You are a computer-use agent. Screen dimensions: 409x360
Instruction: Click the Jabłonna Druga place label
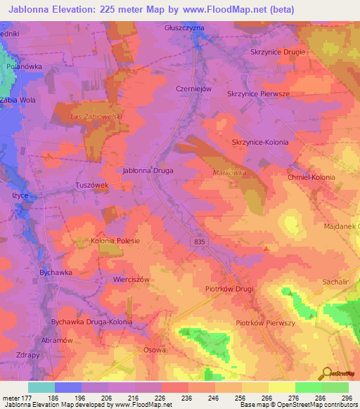[x=148, y=170]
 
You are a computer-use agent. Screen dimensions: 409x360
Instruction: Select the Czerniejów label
[x=194, y=89]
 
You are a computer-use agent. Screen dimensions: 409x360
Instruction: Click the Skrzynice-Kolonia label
[x=260, y=142]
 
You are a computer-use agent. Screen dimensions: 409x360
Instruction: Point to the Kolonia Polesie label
[x=116, y=241]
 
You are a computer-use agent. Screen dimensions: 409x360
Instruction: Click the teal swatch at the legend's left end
[x=41, y=387]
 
